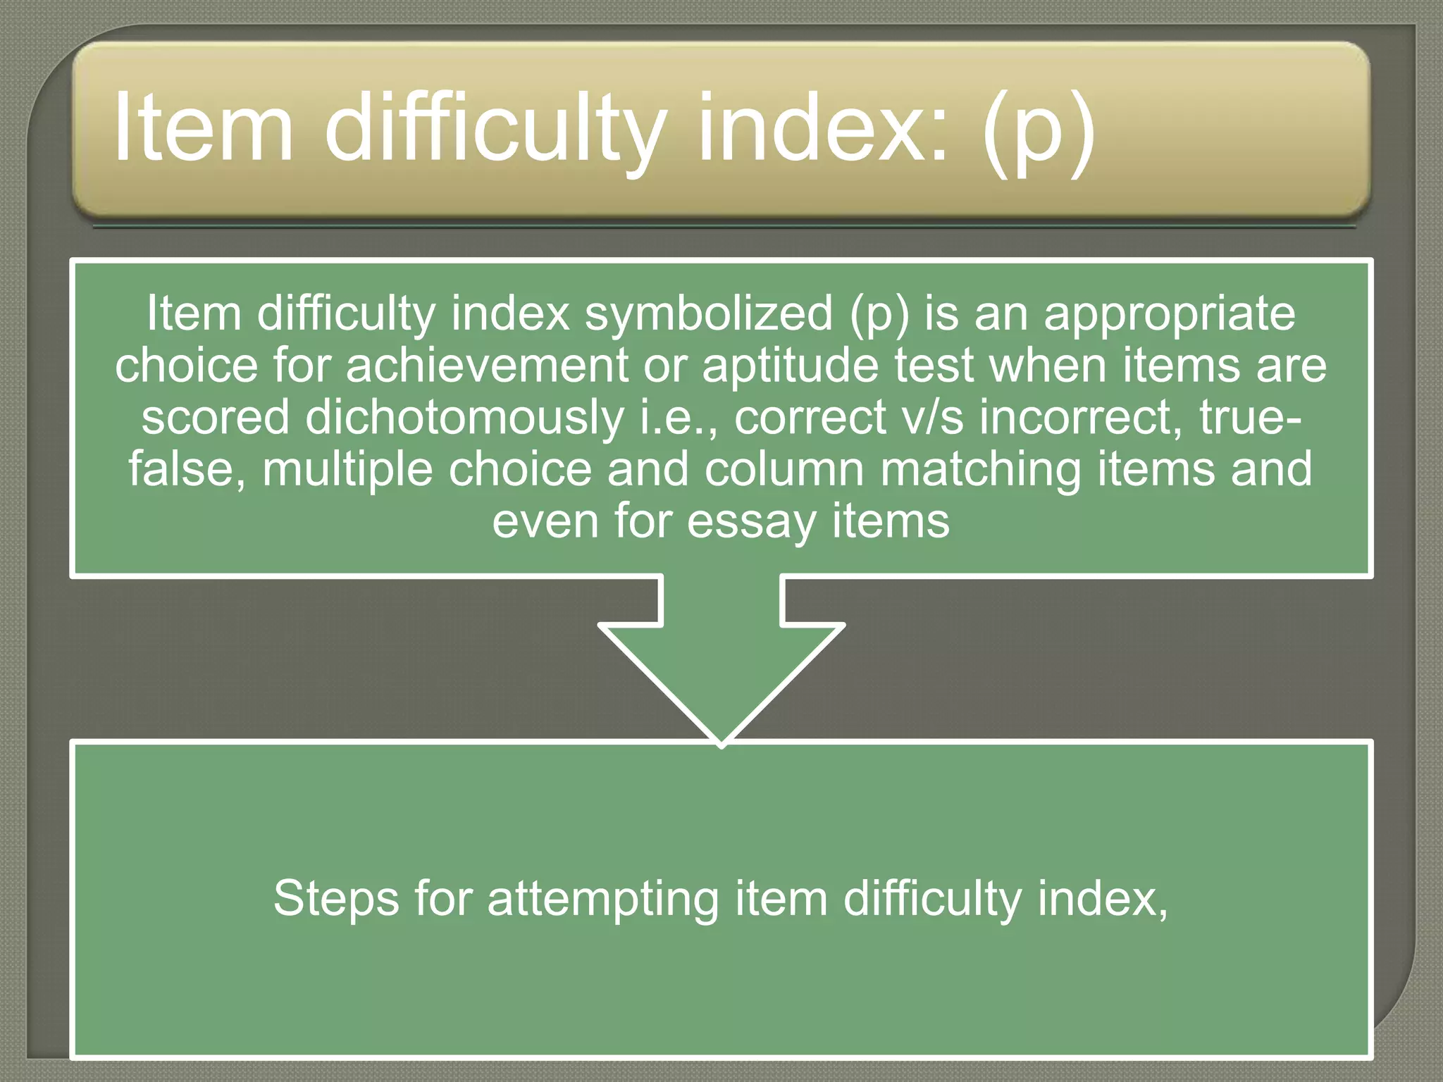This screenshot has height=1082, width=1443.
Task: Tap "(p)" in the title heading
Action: click(1039, 130)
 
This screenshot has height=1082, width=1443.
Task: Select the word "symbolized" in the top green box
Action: click(709, 313)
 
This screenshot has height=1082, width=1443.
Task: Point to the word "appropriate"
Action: click(1169, 315)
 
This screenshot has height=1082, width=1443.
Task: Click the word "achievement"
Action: click(487, 366)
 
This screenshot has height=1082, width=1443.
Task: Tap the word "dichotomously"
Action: click(464, 417)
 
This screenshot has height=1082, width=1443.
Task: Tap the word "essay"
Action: click(751, 522)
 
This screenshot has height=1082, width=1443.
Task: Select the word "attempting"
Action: click(603, 900)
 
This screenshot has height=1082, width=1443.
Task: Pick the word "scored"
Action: click(215, 417)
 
